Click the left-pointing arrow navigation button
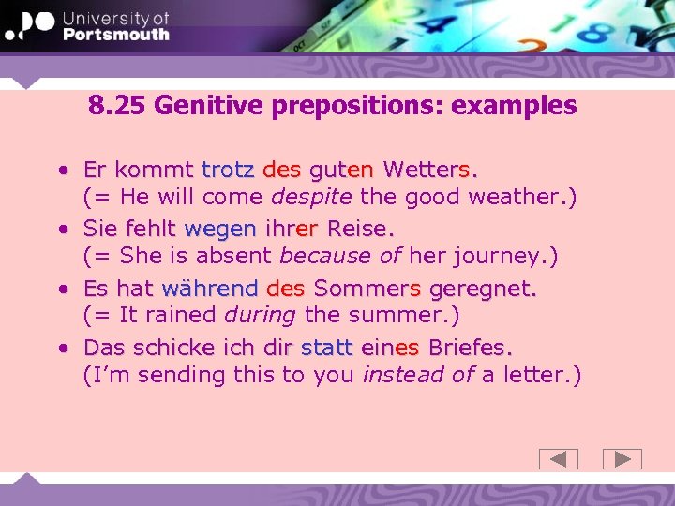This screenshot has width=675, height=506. pos(559,459)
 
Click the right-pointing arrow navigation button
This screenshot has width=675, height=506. pos(622,459)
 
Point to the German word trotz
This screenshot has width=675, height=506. pos(228,171)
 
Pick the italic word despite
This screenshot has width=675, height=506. pos(310,197)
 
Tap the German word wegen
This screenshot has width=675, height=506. pos(220,229)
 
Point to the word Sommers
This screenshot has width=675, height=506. pos(367,288)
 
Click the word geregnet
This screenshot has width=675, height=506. pos(481,288)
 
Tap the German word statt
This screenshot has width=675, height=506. pos(326,347)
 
